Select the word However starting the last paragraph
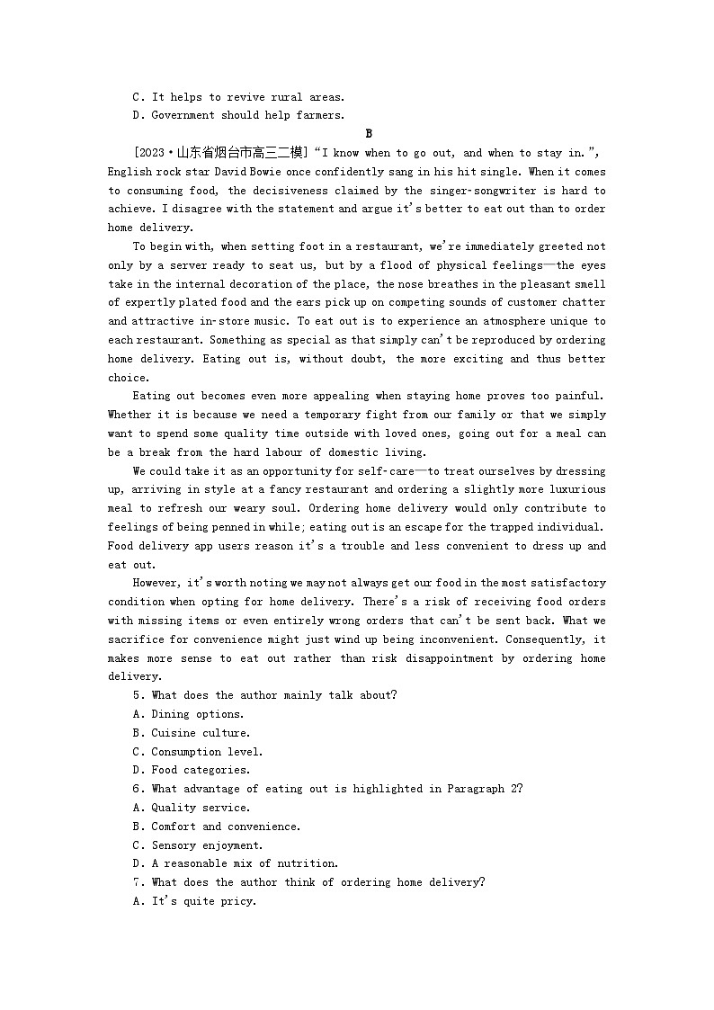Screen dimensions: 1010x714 (x=156, y=583)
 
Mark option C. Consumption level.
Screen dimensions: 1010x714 (x=197, y=752)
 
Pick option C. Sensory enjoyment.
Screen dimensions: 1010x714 (x=197, y=845)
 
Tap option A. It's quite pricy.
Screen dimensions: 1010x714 (x=194, y=901)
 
